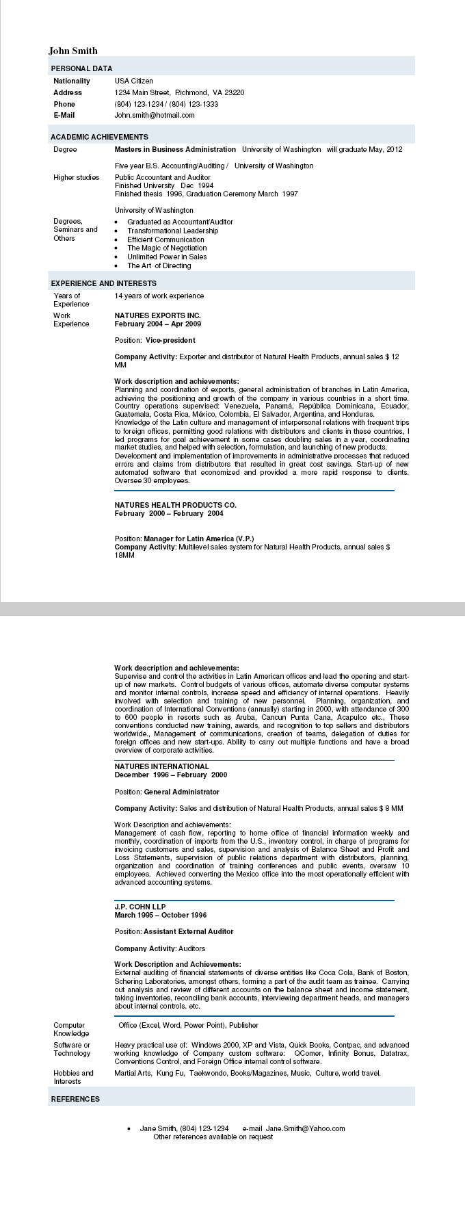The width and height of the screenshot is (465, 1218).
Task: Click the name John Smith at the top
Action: click(73, 51)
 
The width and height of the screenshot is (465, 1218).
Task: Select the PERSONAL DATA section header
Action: click(81, 68)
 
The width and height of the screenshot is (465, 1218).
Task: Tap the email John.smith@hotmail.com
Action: click(155, 115)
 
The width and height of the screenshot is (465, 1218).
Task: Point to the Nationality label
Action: click(72, 81)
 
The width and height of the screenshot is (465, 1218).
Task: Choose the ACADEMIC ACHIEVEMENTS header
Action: click(99, 137)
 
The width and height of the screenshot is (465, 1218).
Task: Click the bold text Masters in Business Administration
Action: click(175, 149)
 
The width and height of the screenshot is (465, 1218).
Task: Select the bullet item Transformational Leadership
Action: click(172, 231)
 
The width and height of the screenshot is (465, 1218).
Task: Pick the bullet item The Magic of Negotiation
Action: click(167, 248)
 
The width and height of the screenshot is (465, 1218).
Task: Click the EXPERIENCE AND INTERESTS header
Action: click(103, 283)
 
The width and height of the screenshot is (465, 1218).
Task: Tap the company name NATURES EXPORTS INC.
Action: click(157, 315)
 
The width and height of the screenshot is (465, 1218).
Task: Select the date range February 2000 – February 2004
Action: click(169, 513)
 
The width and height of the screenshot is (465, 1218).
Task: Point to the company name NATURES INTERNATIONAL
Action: click(161, 766)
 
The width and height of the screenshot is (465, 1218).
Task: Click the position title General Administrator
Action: click(181, 792)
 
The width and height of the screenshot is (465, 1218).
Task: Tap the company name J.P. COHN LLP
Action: click(140, 907)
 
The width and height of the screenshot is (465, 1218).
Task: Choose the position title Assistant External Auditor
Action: click(188, 931)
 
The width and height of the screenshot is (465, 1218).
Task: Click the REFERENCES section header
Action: click(75, 1099)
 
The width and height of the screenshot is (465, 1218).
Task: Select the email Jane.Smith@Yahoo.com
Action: click(305, 1128)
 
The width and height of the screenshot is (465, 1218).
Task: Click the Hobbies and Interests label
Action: click(73, 1077)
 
